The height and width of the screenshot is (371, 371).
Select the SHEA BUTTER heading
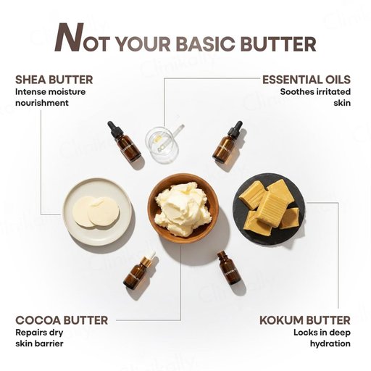pyautogui.click(x=54, y=80)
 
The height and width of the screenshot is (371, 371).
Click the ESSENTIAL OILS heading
pyautogui.click(x=307, y=80)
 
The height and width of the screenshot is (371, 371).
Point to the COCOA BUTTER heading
pyautogui.click(x=62, y=320)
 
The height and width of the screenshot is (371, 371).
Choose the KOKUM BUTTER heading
pyautogui.click(x=305, y=320)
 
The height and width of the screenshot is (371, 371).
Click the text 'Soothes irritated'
pyautogui.click(x=315, y=92)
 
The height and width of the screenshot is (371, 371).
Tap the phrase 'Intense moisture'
pyautogui.click(x=51, y=92)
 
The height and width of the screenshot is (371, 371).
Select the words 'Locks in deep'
pyautogui.click(x=322, y=333)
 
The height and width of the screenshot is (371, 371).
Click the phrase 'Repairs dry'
pyautogui.click(x=39, y=333)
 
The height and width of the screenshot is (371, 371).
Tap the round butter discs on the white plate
pyautogui.click(x=96, y=212)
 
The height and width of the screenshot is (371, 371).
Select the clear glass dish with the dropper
pyautogui.click(x=162, y=143)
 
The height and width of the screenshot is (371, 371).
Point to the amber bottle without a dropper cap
pyautogui.click(x=228, y=267)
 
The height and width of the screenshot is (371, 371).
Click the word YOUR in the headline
pyautogui.click(x=143, y=44)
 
